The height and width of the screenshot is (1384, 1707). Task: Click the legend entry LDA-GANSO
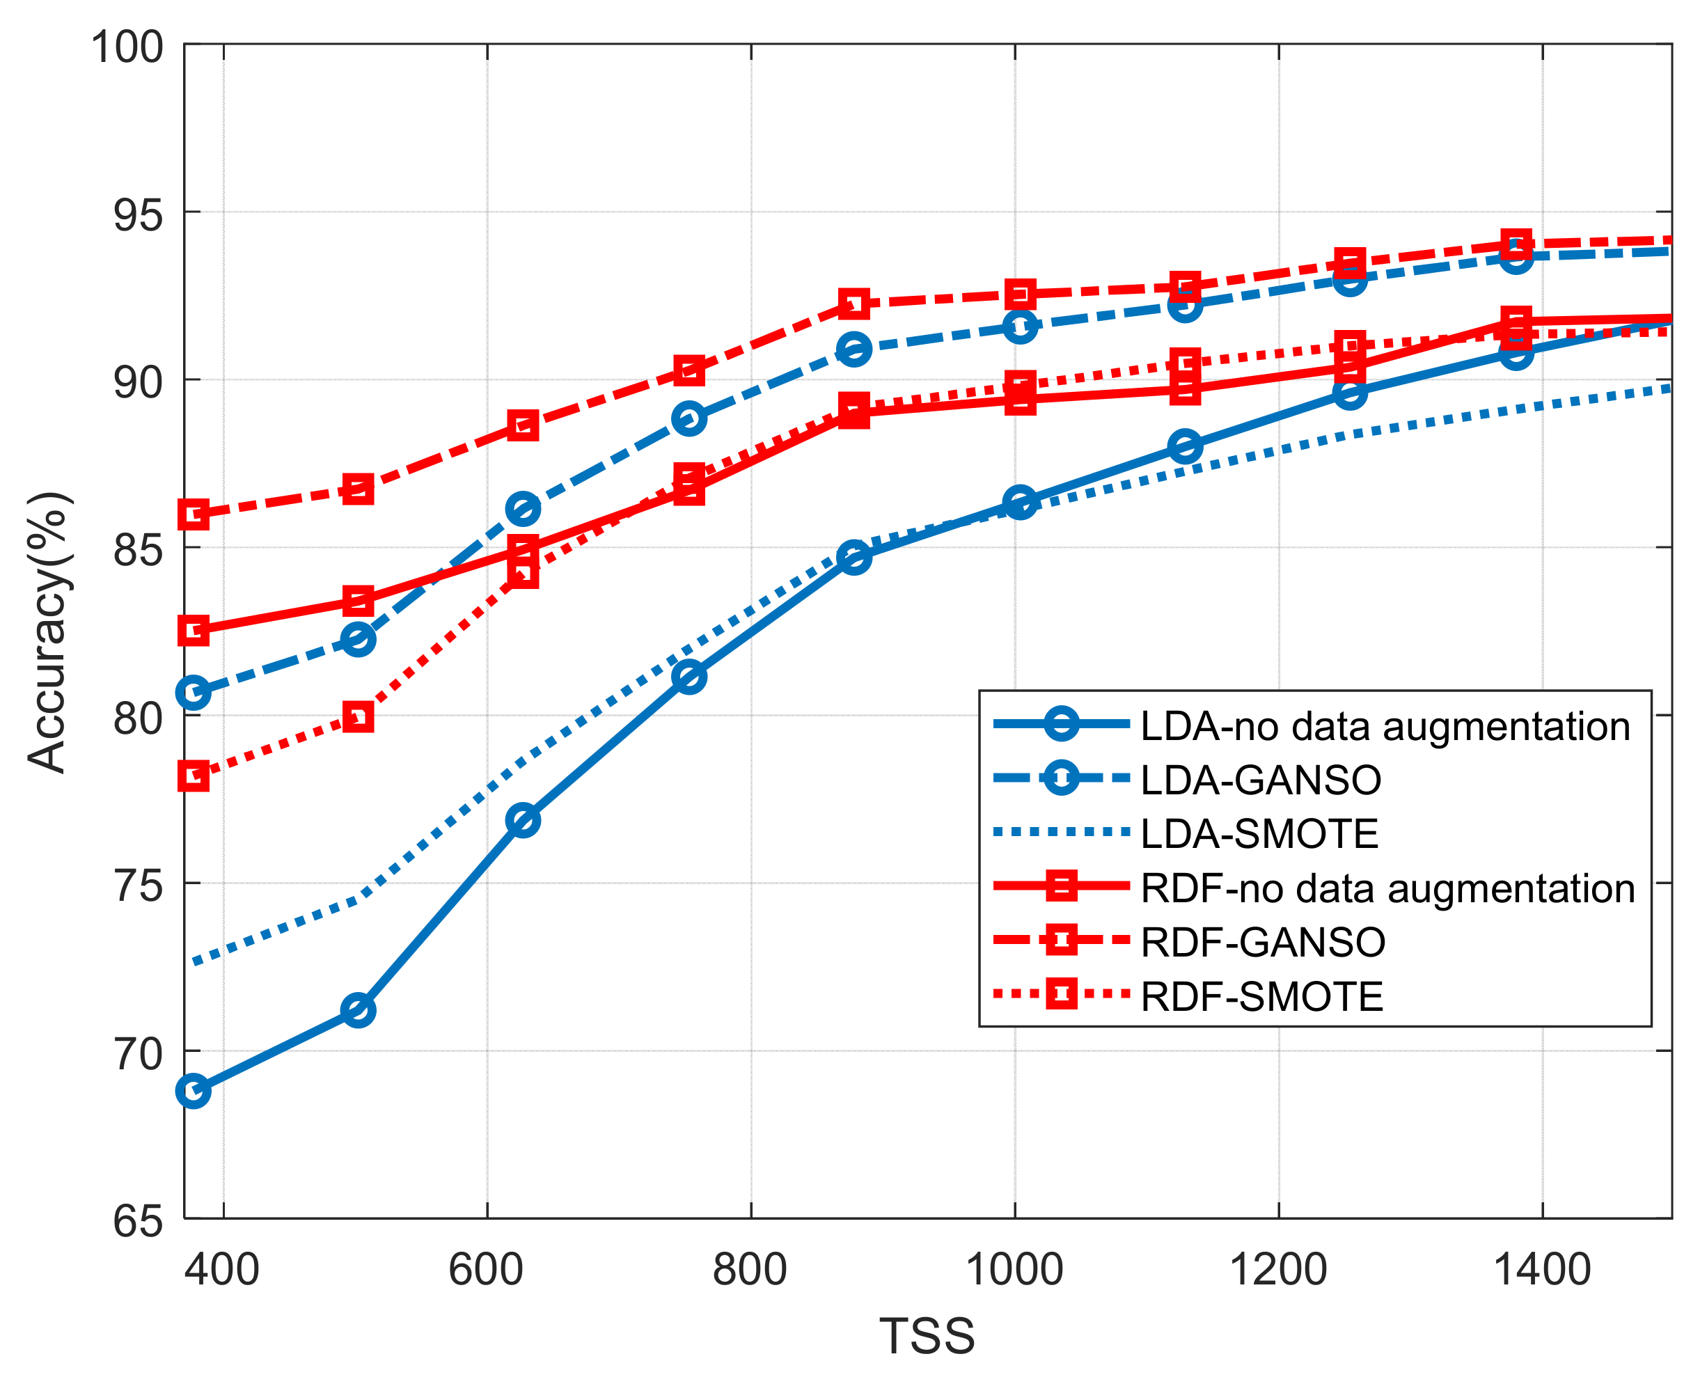point(1261,780)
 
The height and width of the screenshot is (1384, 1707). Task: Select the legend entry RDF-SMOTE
point(1261,996)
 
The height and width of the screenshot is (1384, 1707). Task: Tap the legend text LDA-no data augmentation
point(1385,725)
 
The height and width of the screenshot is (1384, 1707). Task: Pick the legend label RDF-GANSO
point(1263,943)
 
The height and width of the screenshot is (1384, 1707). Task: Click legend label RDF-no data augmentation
point(1388,888)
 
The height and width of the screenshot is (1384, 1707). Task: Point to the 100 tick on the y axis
point(127,47)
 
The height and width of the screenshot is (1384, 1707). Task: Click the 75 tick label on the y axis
point(138,886)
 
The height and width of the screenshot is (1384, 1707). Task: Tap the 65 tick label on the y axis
point(138,1221)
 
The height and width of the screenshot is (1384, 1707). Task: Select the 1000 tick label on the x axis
point(1014,1269)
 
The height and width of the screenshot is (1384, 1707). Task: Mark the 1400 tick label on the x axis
point(1542,1269)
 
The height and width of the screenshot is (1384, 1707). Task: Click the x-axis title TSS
point(927,1336)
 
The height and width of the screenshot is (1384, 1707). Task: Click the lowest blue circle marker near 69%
point(194,1091)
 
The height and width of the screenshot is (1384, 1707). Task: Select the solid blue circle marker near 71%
point(358,1010)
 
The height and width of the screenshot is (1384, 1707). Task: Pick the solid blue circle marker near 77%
point(523,820)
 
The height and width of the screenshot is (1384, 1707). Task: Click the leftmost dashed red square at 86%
point(194,514)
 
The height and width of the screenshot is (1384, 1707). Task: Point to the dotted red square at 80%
point(358,717)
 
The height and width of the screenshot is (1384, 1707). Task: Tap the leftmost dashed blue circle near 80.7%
point(194,692)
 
